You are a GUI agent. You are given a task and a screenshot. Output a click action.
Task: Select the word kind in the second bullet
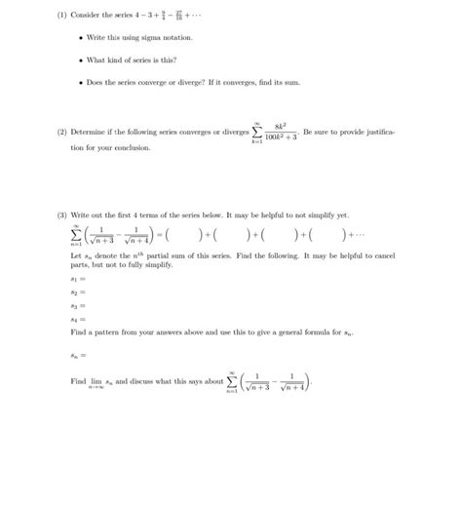click(143, 59)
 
